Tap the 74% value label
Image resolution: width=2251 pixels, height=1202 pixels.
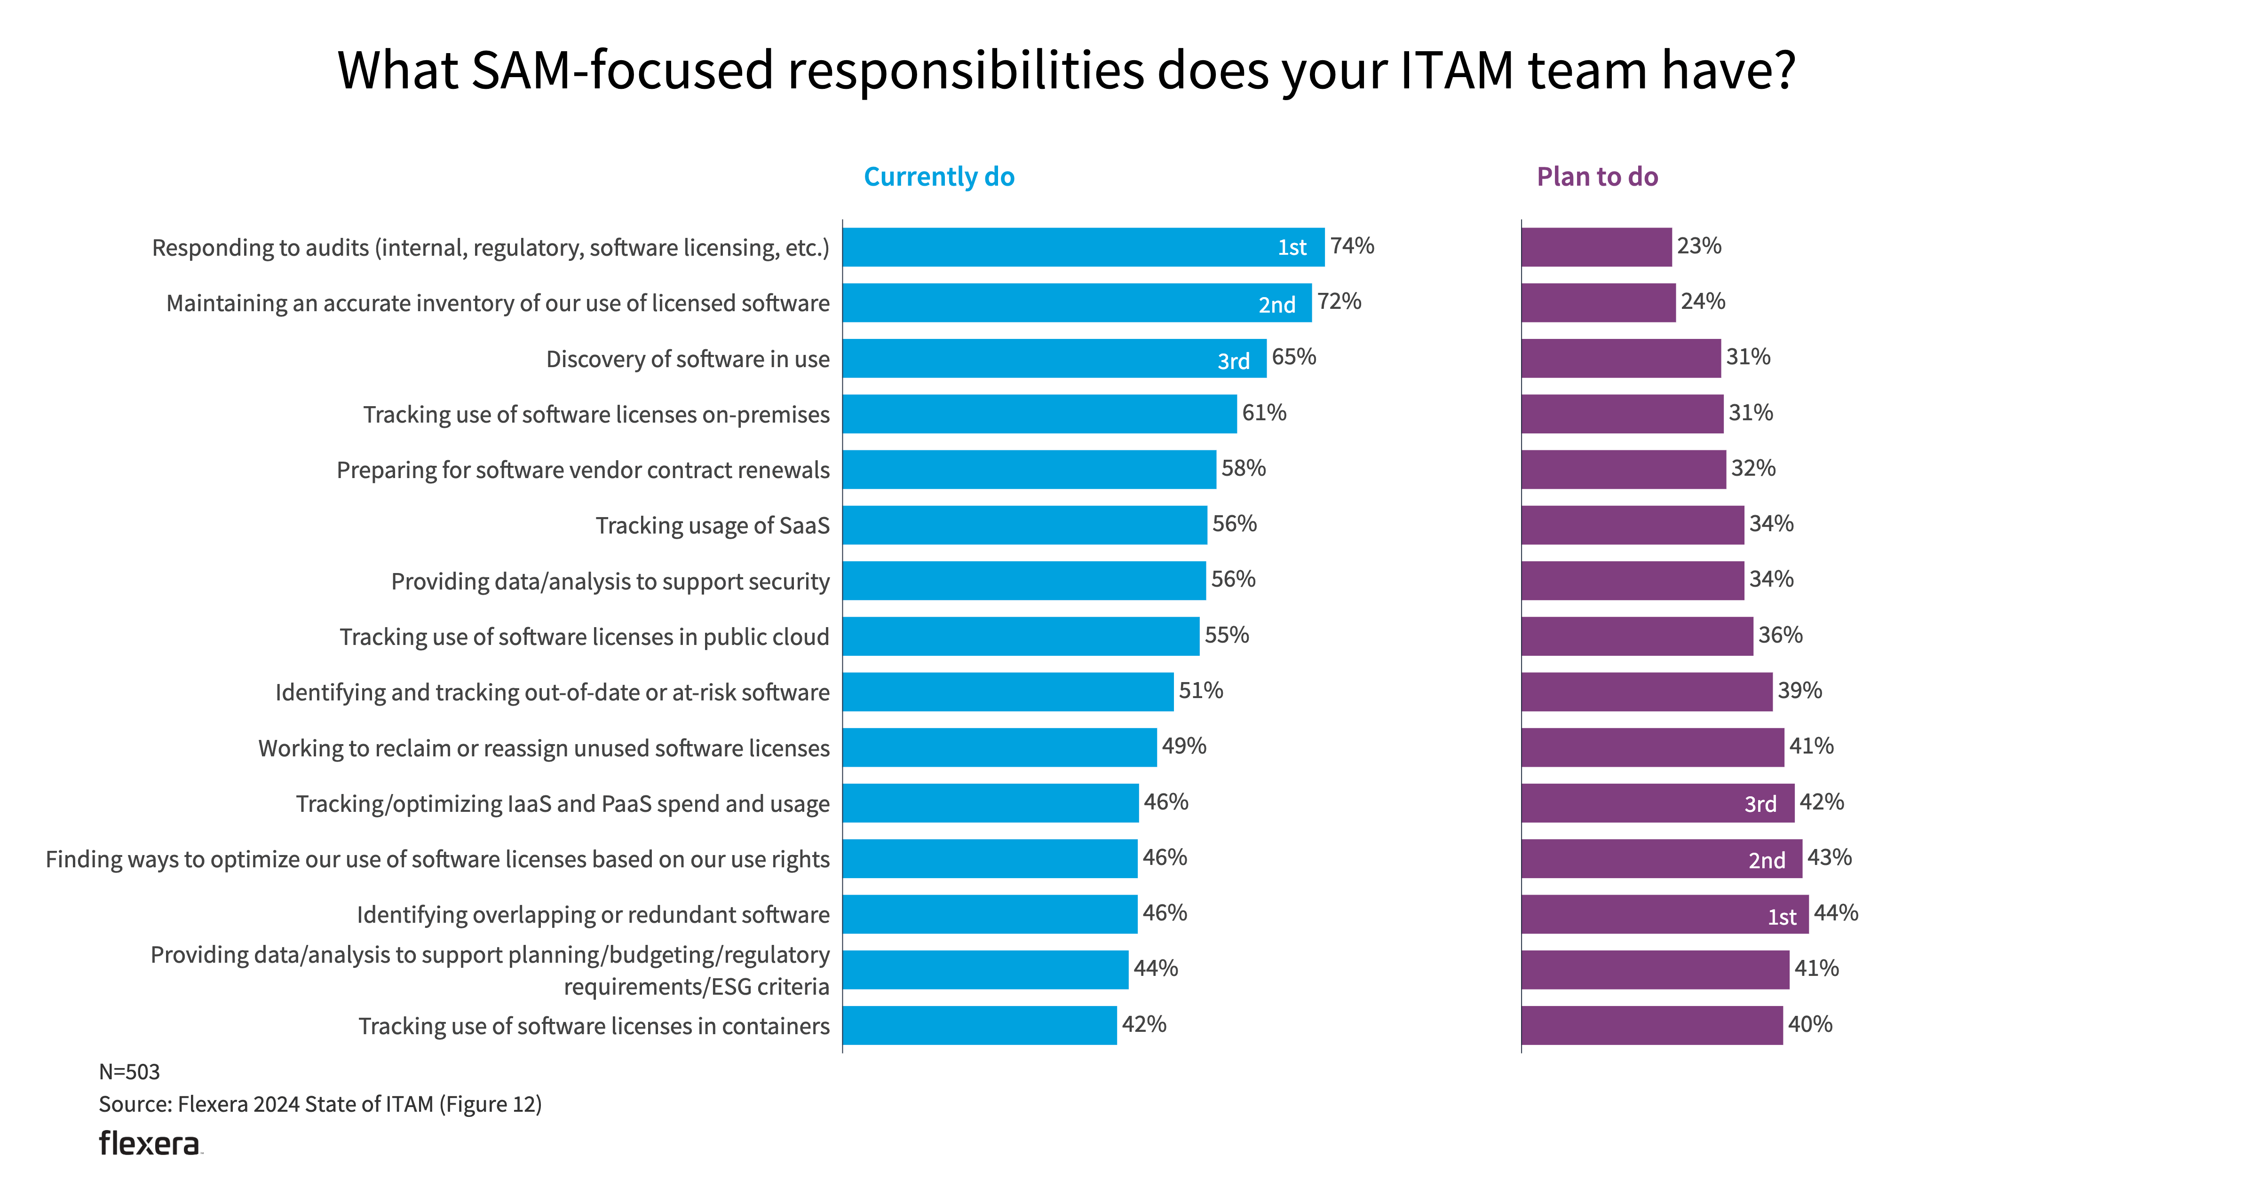(1352, 246)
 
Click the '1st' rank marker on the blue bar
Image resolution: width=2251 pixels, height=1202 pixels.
(1292, 248)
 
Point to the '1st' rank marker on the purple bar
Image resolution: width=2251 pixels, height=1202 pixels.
(1782, 916)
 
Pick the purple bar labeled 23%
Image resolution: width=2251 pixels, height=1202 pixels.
(1596, 247)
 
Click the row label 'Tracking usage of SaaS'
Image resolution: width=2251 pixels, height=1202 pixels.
(712, 526)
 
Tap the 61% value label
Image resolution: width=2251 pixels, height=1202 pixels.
(1264, 413)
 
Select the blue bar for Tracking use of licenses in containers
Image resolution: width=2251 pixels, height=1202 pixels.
(979, 1026)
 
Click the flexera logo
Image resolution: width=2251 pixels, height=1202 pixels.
(150, 1143)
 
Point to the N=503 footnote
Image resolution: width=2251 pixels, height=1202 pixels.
(129, 1072)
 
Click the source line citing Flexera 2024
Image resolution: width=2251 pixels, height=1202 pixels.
(320, 1104)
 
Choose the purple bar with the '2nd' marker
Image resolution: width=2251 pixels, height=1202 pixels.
(1660, 859)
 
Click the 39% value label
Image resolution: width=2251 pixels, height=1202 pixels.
(1799, 691)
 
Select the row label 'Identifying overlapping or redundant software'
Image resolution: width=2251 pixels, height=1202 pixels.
(593, 915)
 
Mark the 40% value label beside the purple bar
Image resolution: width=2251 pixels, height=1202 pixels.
(1810, 1025)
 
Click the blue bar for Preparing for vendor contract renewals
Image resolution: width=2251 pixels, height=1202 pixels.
(1029, 470)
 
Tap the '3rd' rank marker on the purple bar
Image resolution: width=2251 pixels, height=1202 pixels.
(1760, 804)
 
